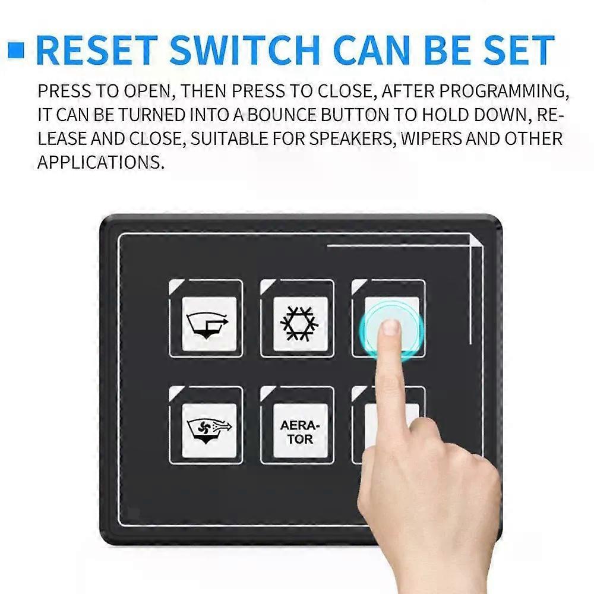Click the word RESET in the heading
click(96, 50)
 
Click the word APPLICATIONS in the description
click(100, 162)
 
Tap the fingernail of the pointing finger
click(390, 327)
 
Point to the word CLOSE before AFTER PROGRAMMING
click(345, 91)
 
